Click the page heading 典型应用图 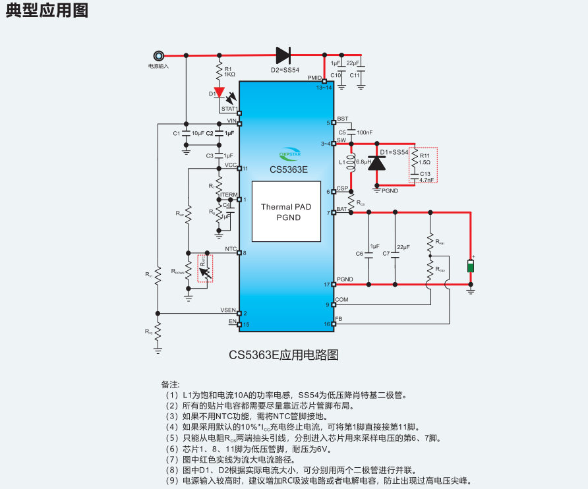(x=46, y=11)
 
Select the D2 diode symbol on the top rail (x=284, y=55)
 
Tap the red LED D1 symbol (x=220, y=93)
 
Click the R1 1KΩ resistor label (x=229, y=72)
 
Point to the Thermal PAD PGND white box (x=285, y=212)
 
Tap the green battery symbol (x=470, y=266)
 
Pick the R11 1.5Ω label (x=425, y=158)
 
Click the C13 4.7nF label (x=426, y=176)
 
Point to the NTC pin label (x=231, y=249)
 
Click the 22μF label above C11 (x=353, y=63)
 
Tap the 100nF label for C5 (x=365, y=132)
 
